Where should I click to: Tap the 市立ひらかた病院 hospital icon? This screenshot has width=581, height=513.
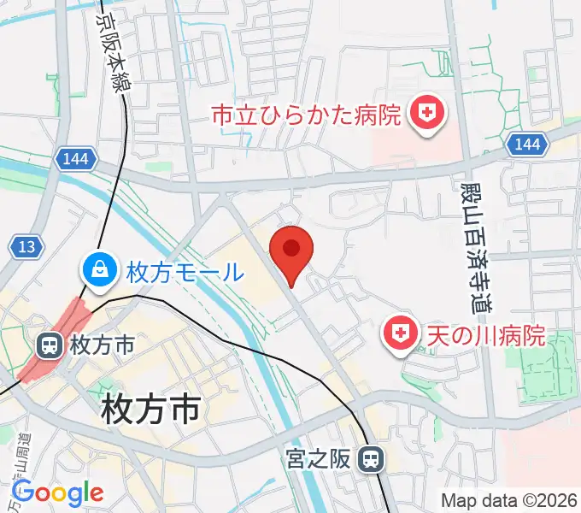pos(425,114)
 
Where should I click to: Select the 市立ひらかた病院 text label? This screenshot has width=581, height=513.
pos(306,115)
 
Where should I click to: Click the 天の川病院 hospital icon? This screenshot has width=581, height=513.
pos(399,334)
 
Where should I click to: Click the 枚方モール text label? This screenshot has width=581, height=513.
pos(185,274)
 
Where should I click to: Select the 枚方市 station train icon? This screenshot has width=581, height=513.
pos(49,345)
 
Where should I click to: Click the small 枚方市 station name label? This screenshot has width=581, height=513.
pos(103,345)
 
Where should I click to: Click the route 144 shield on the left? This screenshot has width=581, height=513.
pos(74,157)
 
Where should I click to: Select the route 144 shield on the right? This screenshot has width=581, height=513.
pos(527,144)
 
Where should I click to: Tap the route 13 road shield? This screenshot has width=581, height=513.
pos(26,247)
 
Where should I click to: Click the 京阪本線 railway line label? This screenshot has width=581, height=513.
pos(109,44)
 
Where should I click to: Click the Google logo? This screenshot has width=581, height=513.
pos(58,493)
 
